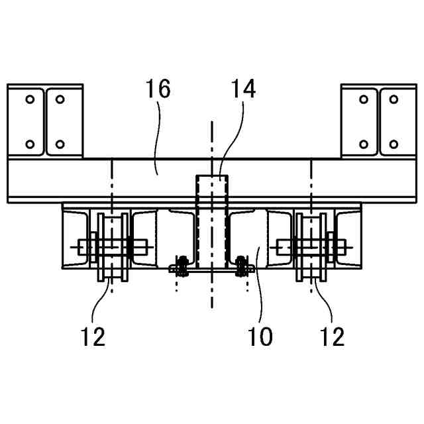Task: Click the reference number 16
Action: click(159, 90)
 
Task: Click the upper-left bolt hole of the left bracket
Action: click(30, 99)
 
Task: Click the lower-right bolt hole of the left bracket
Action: click(60, 144)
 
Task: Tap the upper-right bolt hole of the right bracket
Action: click(394, 99)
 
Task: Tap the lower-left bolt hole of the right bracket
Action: click(363, 144)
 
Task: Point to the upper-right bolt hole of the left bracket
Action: click(60, 99)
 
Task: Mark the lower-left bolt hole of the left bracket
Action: click(30, 144)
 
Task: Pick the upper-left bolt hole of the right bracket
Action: click(363, 99)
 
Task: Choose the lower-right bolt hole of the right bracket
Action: click(394, 144)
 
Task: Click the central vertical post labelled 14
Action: click(211, 219)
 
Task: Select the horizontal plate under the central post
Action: click(211, 270)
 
